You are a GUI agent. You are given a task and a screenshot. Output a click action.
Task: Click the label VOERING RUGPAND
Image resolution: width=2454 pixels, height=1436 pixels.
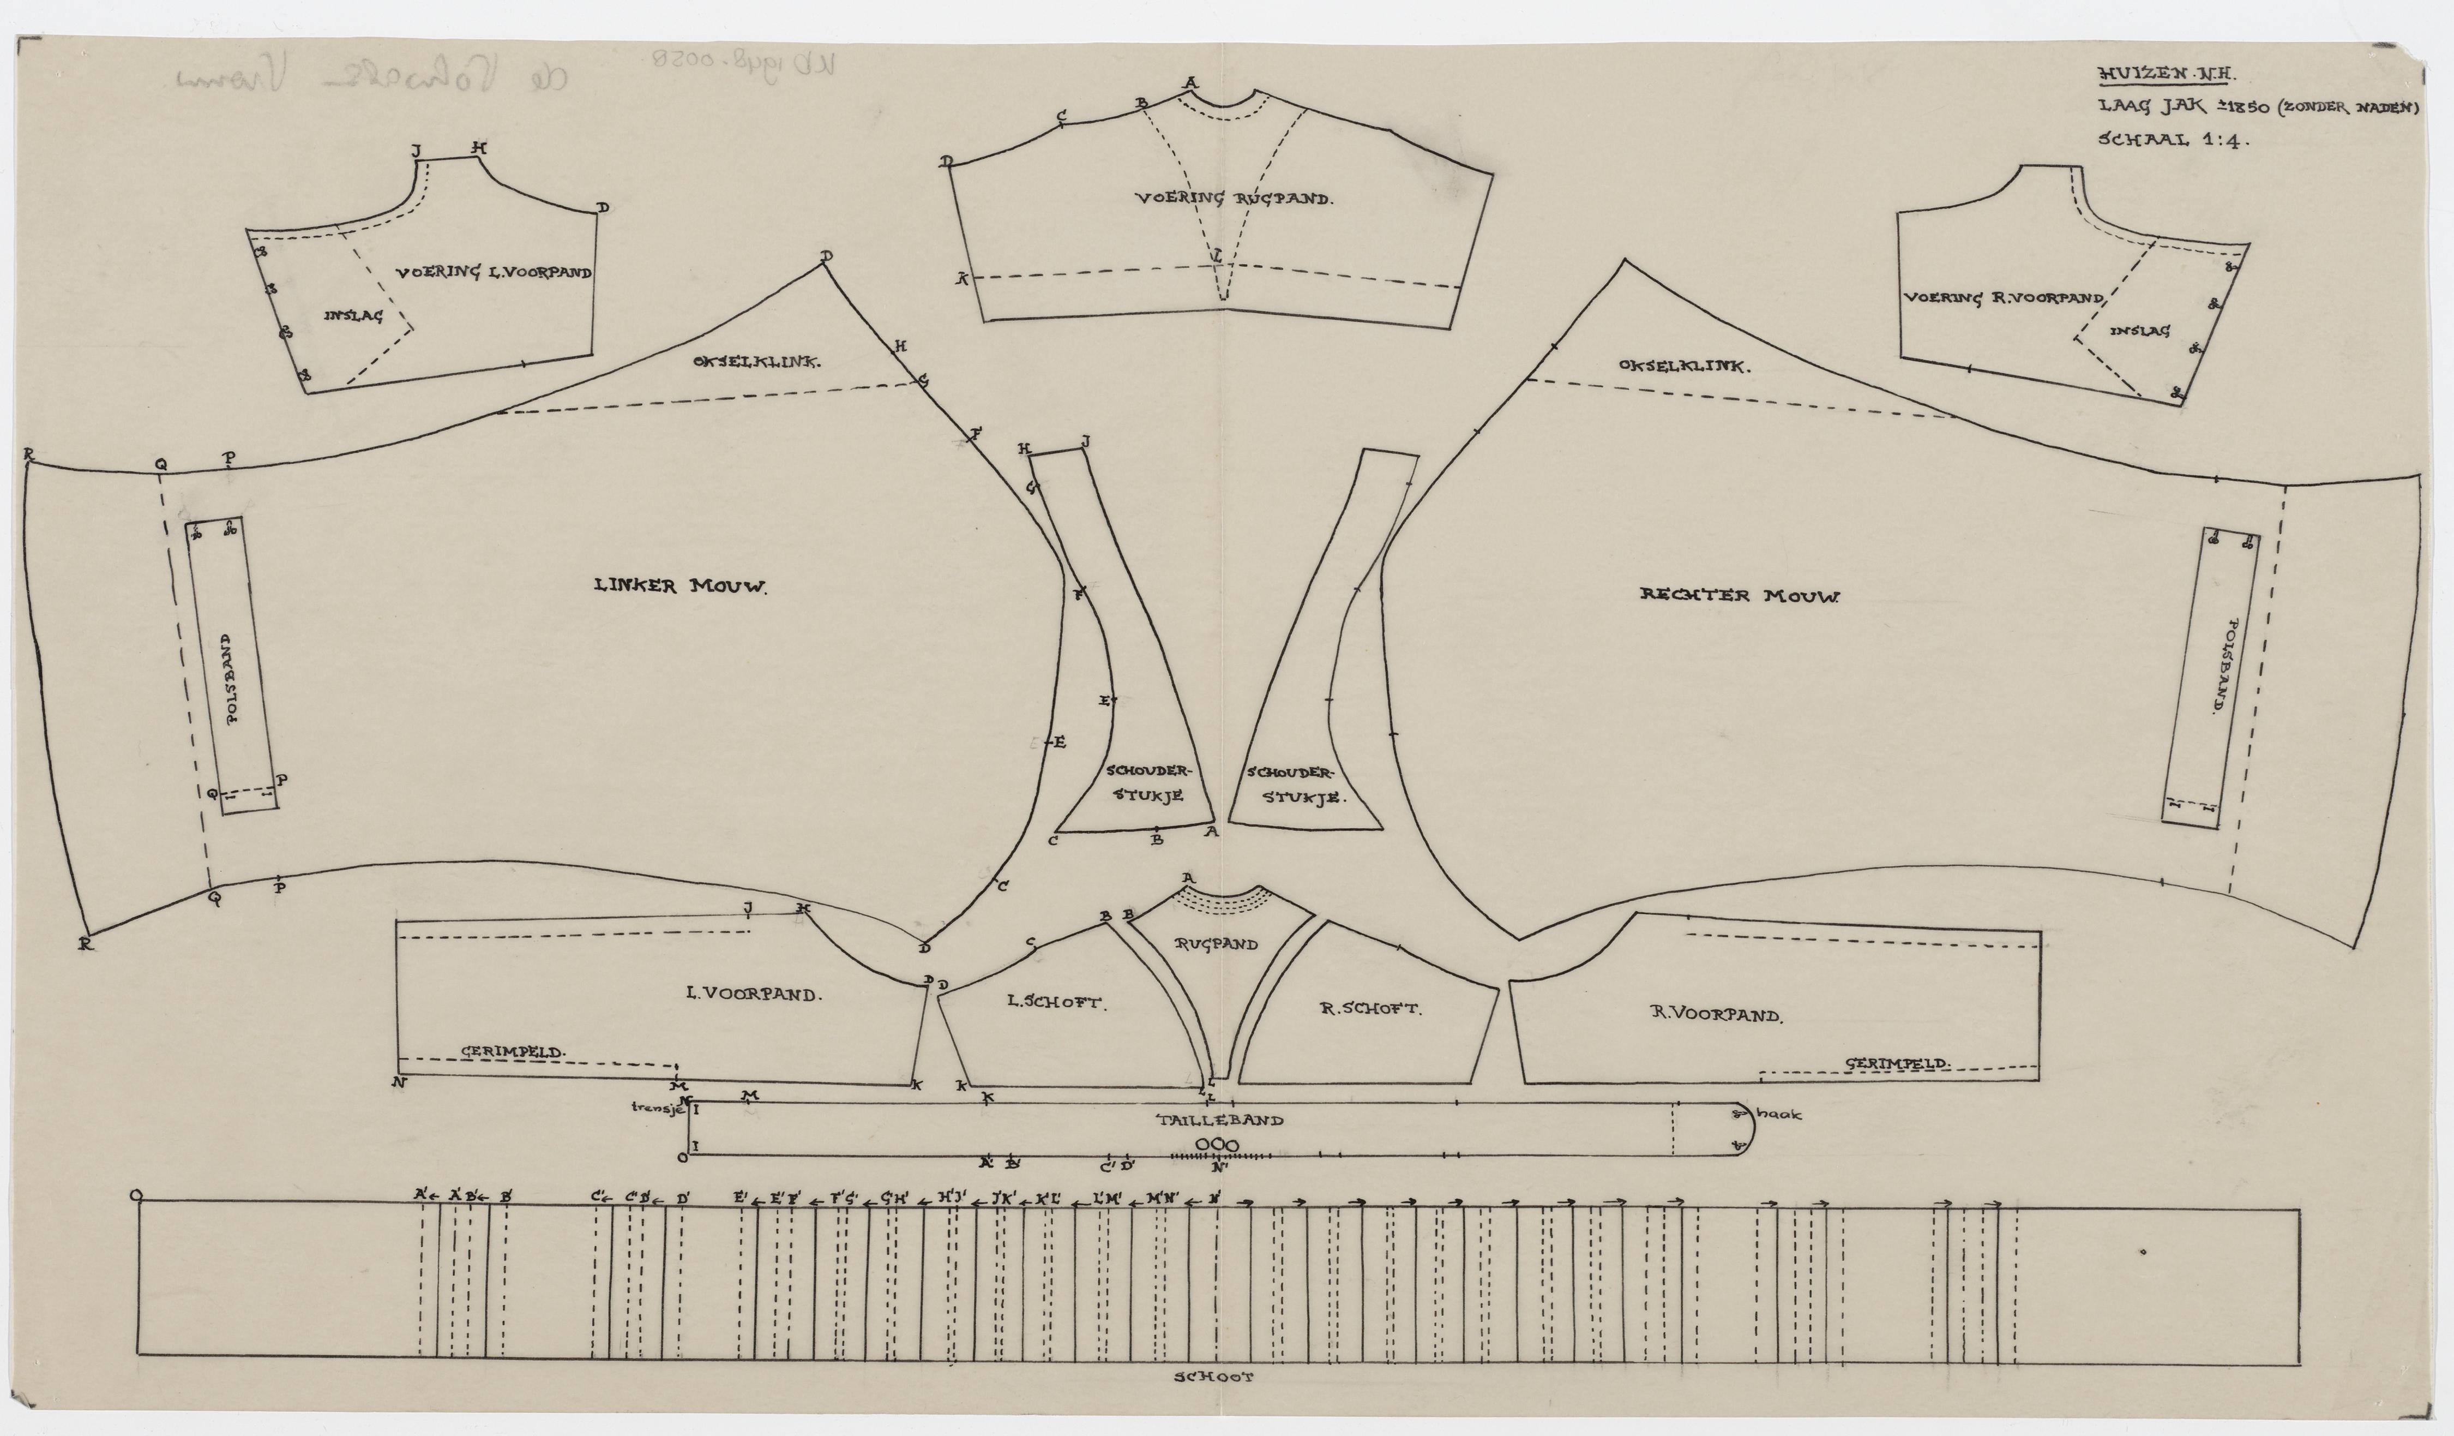pyautogui.click(x=1233, y=199)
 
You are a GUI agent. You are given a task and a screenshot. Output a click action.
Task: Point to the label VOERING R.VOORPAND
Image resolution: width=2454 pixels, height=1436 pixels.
pyautogui.click(x=2003, y=298)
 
